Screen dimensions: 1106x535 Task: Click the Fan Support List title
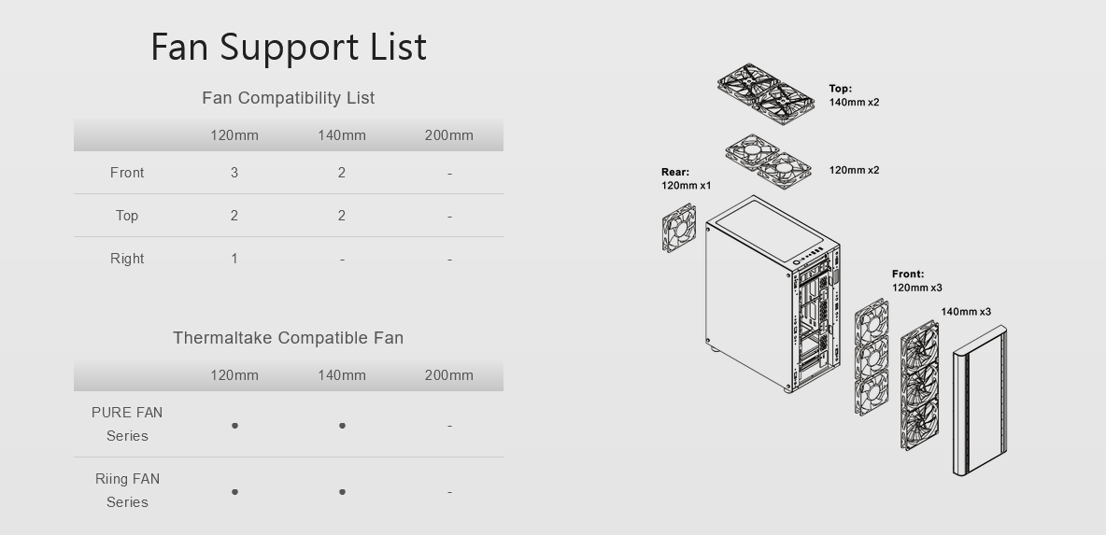coord(289,48)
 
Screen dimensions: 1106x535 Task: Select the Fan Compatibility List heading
coord(289,98)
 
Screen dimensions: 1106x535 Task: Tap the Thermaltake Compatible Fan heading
coord(289,338)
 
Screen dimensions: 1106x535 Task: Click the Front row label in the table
coord(127,173)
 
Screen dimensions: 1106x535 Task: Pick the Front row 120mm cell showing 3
coord(234,173)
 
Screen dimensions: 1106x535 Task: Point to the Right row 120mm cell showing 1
coord(234,259)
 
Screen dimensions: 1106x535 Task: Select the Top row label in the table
coord(127,216)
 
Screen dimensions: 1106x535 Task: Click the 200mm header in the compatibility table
coord(448,135)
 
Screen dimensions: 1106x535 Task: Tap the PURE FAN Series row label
coord(127,424)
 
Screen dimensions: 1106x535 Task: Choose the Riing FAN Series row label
coord(127,490)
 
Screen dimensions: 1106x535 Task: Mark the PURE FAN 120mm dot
coord(234,426)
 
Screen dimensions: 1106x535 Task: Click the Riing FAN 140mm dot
coord(342,492)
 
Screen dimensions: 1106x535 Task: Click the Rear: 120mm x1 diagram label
coord(687,179)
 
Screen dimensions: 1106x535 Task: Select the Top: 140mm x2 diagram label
coord(854,95)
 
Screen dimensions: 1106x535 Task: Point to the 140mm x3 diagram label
coord(966,312)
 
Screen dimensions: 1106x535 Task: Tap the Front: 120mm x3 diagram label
coord(917,280)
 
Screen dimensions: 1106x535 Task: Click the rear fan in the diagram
coord(679,228)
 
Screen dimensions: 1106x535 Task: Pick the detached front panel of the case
coord(980,401)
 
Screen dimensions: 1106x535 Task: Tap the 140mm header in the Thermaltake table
coord(341,375)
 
